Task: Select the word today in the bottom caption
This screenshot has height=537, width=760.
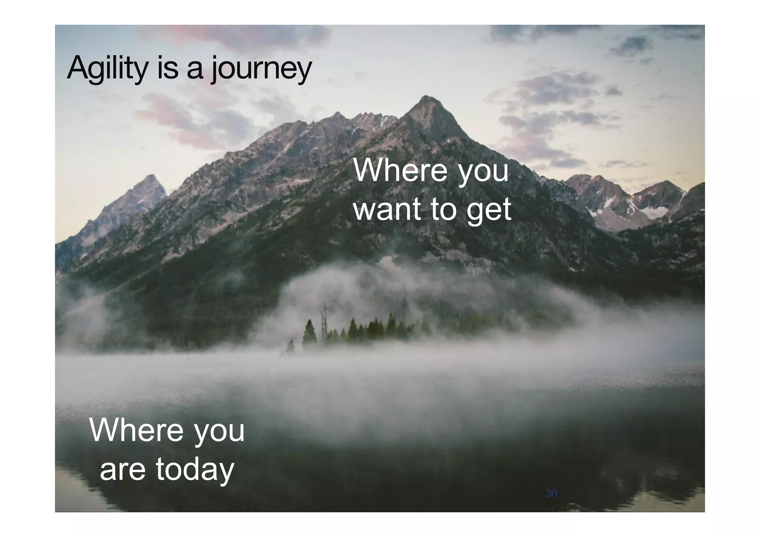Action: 194,470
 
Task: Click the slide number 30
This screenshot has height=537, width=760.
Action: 551,493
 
